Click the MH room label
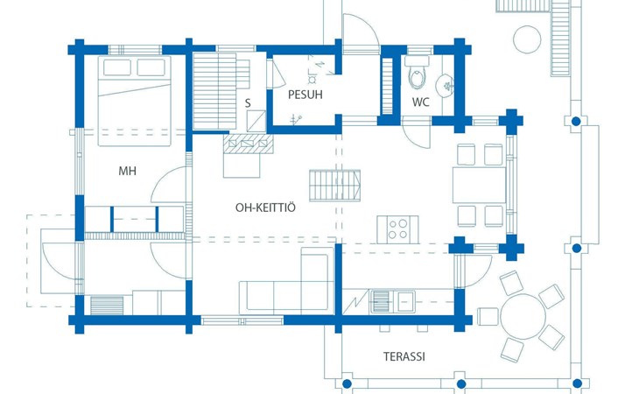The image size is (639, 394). [127, 171]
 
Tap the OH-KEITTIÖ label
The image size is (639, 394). [265, 208]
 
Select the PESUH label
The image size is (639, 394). [305, 95]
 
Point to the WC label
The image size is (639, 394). [420, 102]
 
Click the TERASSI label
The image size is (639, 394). [404, 356]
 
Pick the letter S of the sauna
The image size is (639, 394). [248, 103]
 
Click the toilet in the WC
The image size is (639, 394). [417, 74]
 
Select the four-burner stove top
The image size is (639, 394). [397, 229]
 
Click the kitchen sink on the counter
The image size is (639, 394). [392, 301]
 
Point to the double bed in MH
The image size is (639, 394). [134, 101]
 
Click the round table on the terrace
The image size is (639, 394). [523, 316]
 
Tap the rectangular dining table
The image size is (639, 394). [480, 185]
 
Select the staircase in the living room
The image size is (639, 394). [334, 186]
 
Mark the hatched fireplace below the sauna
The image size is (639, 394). [249, 144]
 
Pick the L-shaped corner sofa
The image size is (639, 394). [287, 280]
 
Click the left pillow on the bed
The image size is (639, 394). [117, 67]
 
